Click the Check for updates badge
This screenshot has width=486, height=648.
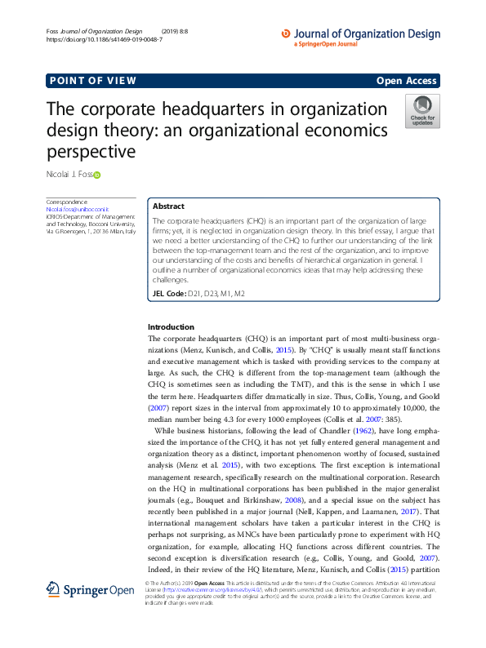coord(422,110)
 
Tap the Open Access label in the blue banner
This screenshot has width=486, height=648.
coord(407,81)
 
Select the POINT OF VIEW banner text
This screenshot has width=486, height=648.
coord(92,81)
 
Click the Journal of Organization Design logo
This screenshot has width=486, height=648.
coord(359,37)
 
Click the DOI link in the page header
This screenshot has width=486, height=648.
coord(104,39)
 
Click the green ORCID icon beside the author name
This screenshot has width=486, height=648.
coord(96,175)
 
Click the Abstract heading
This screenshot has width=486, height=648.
coord(169,206)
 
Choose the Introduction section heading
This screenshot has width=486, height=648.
coord(171,326)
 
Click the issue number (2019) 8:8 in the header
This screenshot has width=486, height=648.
coord(202,31)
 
